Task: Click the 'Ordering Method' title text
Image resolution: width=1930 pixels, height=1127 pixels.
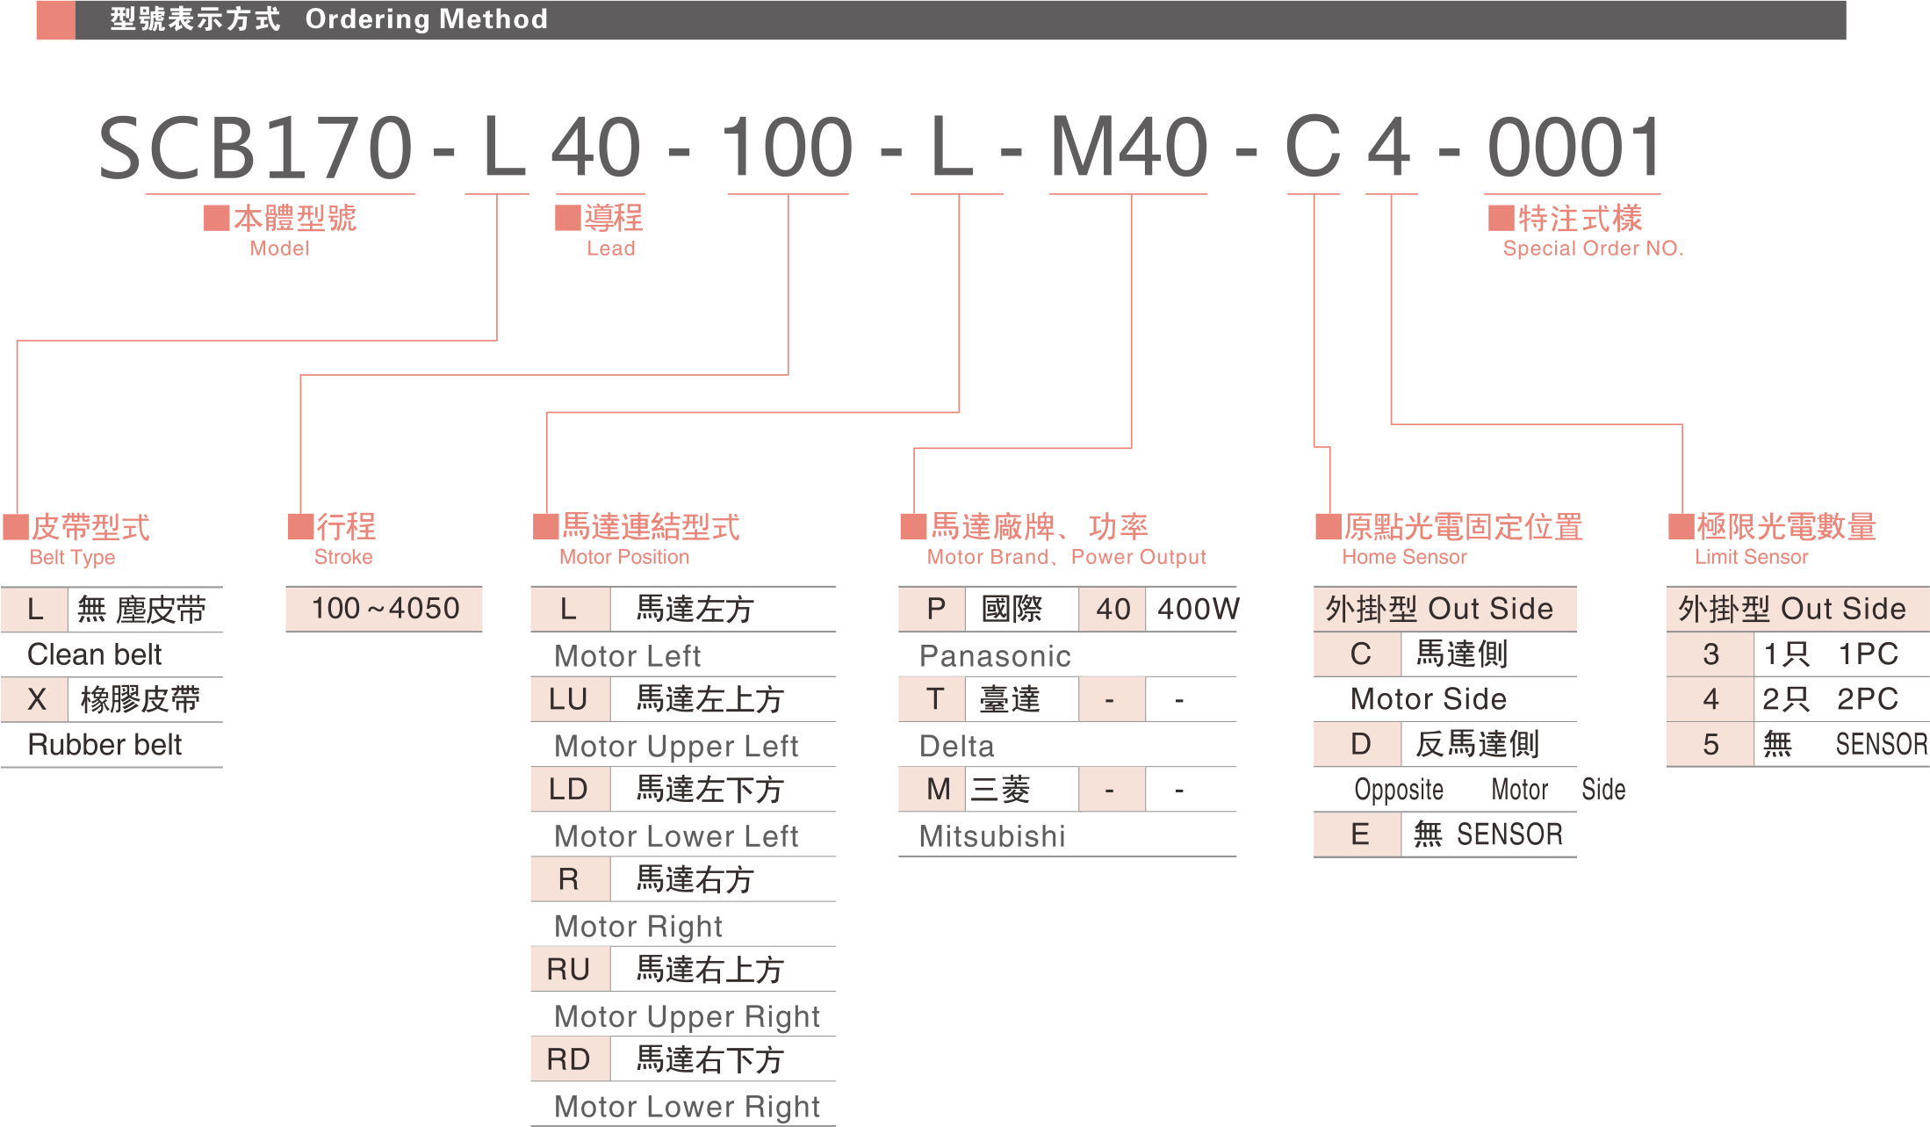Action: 426,19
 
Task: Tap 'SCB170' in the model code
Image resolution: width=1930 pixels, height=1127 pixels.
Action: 255,148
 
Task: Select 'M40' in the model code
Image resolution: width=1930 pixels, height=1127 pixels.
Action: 1129,148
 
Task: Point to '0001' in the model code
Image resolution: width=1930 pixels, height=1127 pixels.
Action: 1574,148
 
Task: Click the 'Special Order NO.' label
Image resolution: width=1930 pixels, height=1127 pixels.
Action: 1593,249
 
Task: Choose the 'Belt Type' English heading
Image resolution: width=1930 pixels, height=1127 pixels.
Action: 73,558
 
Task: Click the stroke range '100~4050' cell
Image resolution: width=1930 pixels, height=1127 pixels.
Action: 385,609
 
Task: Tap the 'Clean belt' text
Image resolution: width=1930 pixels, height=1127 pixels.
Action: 95,655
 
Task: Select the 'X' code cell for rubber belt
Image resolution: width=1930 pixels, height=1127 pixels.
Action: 36,700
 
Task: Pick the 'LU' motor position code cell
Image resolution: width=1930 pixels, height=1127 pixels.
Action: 568,700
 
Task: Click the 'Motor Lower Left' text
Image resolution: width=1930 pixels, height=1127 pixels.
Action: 676,836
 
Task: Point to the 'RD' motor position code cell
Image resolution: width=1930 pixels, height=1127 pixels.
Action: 568,1060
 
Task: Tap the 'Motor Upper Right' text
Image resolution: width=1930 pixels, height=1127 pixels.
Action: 687,1016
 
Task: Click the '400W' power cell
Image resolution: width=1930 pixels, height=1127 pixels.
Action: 1198,609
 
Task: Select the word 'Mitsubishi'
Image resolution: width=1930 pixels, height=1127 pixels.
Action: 992,836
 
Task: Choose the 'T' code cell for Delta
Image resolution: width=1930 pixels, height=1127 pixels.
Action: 934,700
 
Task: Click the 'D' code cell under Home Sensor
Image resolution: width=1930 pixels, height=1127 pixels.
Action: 1360,745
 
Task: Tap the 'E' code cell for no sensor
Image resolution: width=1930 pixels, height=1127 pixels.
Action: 1360,834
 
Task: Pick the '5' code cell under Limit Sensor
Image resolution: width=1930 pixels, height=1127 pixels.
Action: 1710,745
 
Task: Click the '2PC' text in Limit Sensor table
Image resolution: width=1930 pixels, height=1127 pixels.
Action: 1868,700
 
